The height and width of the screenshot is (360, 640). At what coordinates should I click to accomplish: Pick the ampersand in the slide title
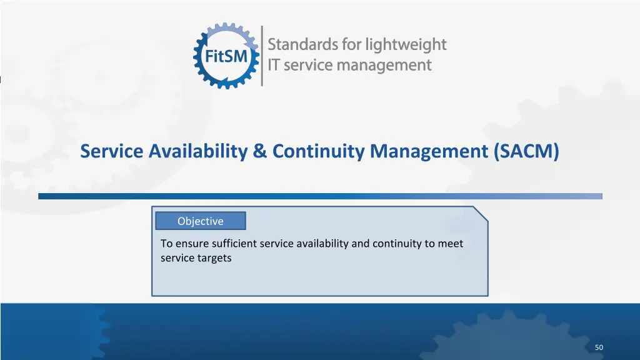(x=261, y=151)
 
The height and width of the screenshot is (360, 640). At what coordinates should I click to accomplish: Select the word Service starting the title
(x=112, y=151)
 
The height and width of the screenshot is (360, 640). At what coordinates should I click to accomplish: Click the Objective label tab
(x=200, y=221)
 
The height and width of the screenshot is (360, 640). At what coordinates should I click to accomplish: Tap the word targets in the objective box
(x=214, y=257)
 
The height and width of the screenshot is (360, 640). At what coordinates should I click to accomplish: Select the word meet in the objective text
(x=451, y=244)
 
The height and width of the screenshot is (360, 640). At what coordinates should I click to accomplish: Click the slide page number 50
(x=599, y=347)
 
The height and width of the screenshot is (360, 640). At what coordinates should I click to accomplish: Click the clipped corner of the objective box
(x=481, y=213)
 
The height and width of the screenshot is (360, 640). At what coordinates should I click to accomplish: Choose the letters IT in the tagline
(x=274, y=65)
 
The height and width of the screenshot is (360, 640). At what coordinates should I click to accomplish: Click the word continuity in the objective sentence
(x=396, y=244)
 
